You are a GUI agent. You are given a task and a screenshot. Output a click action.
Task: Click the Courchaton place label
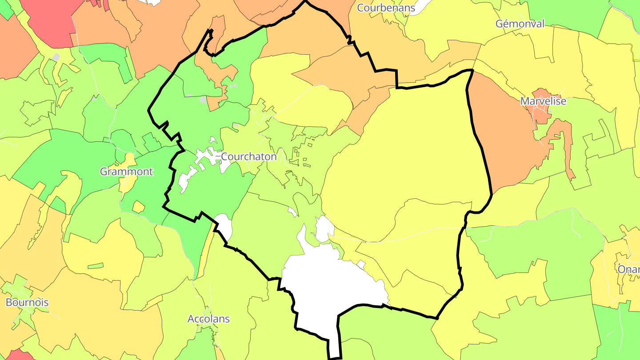[248, 157]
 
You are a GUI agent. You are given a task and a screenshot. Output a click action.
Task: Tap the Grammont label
[126, 172]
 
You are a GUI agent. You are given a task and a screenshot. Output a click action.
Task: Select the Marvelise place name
[543, 101]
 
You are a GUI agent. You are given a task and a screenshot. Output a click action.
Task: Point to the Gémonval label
[520, 24]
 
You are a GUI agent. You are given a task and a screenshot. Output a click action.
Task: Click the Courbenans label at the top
[386, 8]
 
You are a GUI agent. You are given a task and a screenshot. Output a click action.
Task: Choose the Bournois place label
[27, 303]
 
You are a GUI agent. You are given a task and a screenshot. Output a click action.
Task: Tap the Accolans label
[208, 319]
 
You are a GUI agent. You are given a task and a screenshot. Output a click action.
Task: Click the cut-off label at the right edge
[628, 269]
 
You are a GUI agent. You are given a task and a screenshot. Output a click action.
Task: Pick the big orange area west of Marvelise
[502, 133]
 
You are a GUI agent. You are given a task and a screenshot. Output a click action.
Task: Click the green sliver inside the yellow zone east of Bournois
[96, 266]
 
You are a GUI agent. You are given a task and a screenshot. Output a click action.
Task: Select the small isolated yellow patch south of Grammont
[138, 207]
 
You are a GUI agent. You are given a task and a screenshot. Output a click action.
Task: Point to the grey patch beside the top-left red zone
[56, 57]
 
